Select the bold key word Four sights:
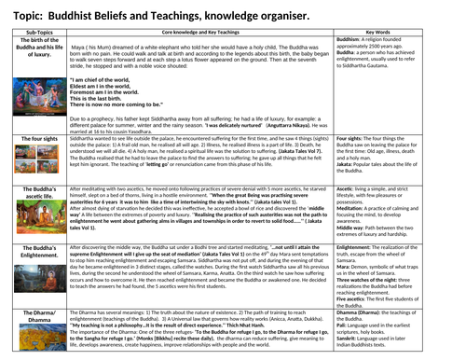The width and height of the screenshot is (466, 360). click(378, 163)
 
